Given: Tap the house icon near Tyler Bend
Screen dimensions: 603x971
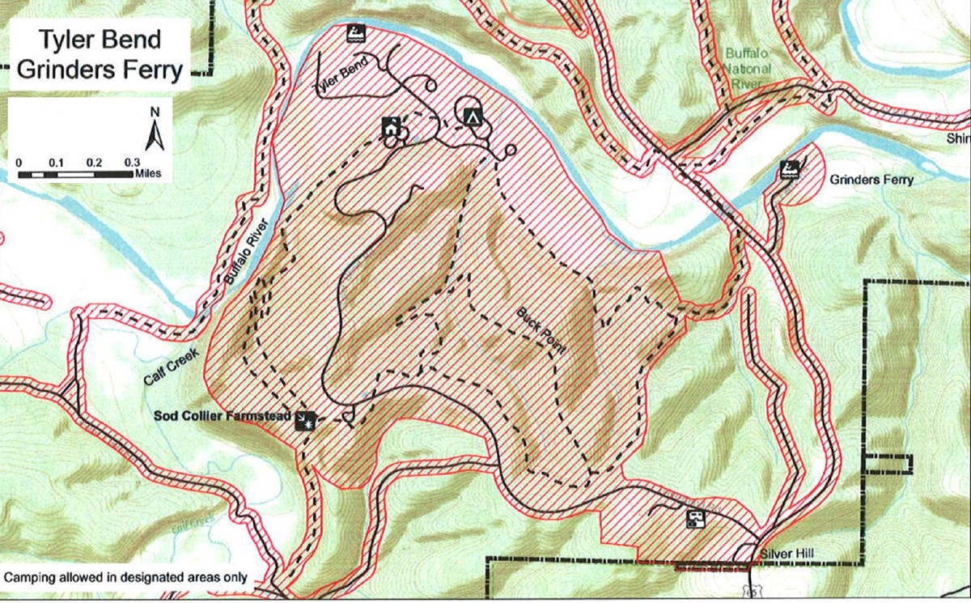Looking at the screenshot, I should coord(391,127).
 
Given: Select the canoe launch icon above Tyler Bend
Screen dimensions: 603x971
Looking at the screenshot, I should coord(354,33).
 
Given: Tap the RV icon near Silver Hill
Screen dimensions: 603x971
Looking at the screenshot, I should coord(694,518).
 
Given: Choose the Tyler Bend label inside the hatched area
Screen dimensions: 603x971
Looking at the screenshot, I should coord(345,76).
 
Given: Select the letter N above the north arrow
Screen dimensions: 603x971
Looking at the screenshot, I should coord(155,111).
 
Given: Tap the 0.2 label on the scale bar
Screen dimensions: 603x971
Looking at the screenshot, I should coord(94,162).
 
